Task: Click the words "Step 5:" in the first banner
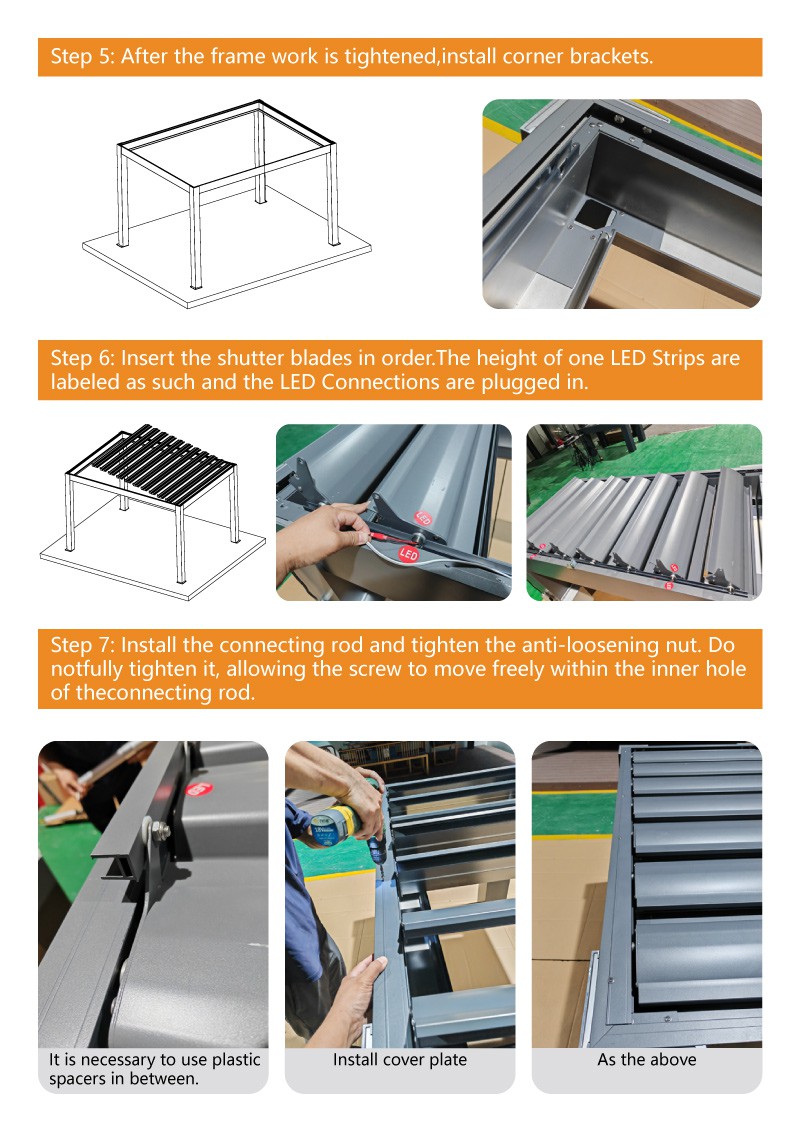[x=82, y=56]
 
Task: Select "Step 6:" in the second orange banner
[x=82, y=358]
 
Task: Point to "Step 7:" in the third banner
[x=82, y=645]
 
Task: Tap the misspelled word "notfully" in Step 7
[x=87, y=669]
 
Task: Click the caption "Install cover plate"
[x=399, y=1059]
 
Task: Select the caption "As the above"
[x=646, y=1059]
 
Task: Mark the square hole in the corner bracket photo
[x=594, y=214]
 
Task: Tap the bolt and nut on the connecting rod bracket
[x=159, y=830]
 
